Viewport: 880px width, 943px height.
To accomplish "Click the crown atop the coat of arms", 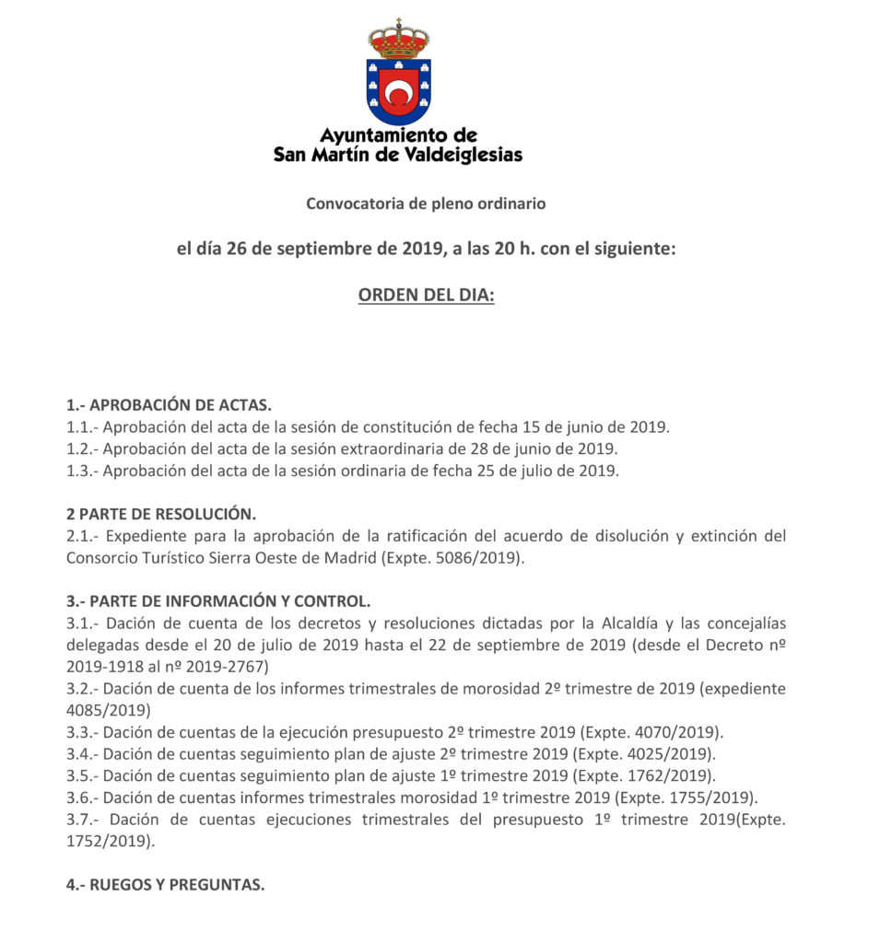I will coord(398,40).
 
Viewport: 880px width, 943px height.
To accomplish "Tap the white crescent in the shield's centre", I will coord(398,93).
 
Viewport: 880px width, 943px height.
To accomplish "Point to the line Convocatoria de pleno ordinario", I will coord(426,204).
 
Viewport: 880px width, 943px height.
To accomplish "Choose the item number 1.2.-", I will coord(82,449).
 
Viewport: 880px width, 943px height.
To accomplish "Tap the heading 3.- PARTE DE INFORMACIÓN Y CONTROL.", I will coord(218,601).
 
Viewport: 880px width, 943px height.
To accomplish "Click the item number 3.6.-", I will coord(82,797).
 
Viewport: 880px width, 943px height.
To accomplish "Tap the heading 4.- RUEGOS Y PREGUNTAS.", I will coord(166,885).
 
